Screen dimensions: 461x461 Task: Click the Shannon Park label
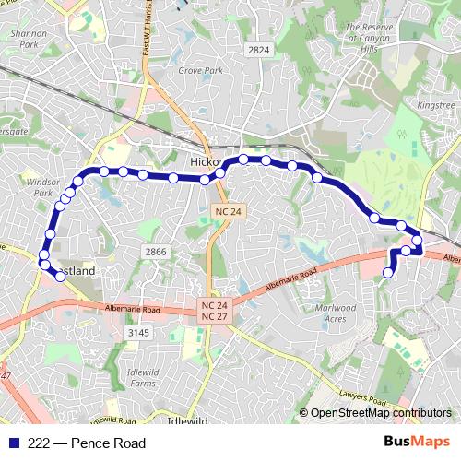25,37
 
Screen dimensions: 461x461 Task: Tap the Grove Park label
200,70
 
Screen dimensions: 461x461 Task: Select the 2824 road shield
260,49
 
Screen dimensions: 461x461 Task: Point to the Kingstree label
435,105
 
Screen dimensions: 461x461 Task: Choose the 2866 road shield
156,251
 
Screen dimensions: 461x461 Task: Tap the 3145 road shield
138,332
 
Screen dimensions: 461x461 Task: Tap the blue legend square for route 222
11,443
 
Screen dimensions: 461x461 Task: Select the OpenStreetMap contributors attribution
380,413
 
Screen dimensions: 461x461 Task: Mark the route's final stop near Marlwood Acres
388,272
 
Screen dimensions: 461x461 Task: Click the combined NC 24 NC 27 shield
215,311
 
